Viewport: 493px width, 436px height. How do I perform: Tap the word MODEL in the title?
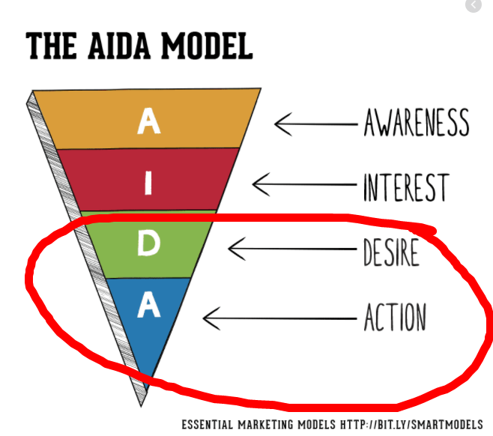[x=208, y=46]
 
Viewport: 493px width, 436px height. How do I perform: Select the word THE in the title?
[x=51, y=46]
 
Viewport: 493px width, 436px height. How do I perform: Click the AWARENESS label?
[x=417, y=122]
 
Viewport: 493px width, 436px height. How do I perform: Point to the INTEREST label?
[x=406, y=187]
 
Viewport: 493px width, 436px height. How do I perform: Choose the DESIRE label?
[x=391, y=252]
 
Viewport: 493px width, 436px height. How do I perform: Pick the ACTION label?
[x=395, y=317]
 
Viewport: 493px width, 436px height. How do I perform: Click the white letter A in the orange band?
[x=149, y=121]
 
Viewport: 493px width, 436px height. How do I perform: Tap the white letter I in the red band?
[x=148, y=183]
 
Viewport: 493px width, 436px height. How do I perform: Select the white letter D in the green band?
[x=149, y=243]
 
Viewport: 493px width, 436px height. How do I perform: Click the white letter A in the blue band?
[x=149, y=304]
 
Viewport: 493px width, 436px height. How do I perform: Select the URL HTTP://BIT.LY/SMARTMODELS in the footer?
[x=411, y=425]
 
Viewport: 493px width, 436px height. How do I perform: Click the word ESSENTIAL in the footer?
[x=208, y=425]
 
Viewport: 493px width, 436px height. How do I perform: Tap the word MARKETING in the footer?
[x=265, y=425]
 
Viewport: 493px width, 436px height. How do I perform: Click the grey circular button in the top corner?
[x=474, y=4]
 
